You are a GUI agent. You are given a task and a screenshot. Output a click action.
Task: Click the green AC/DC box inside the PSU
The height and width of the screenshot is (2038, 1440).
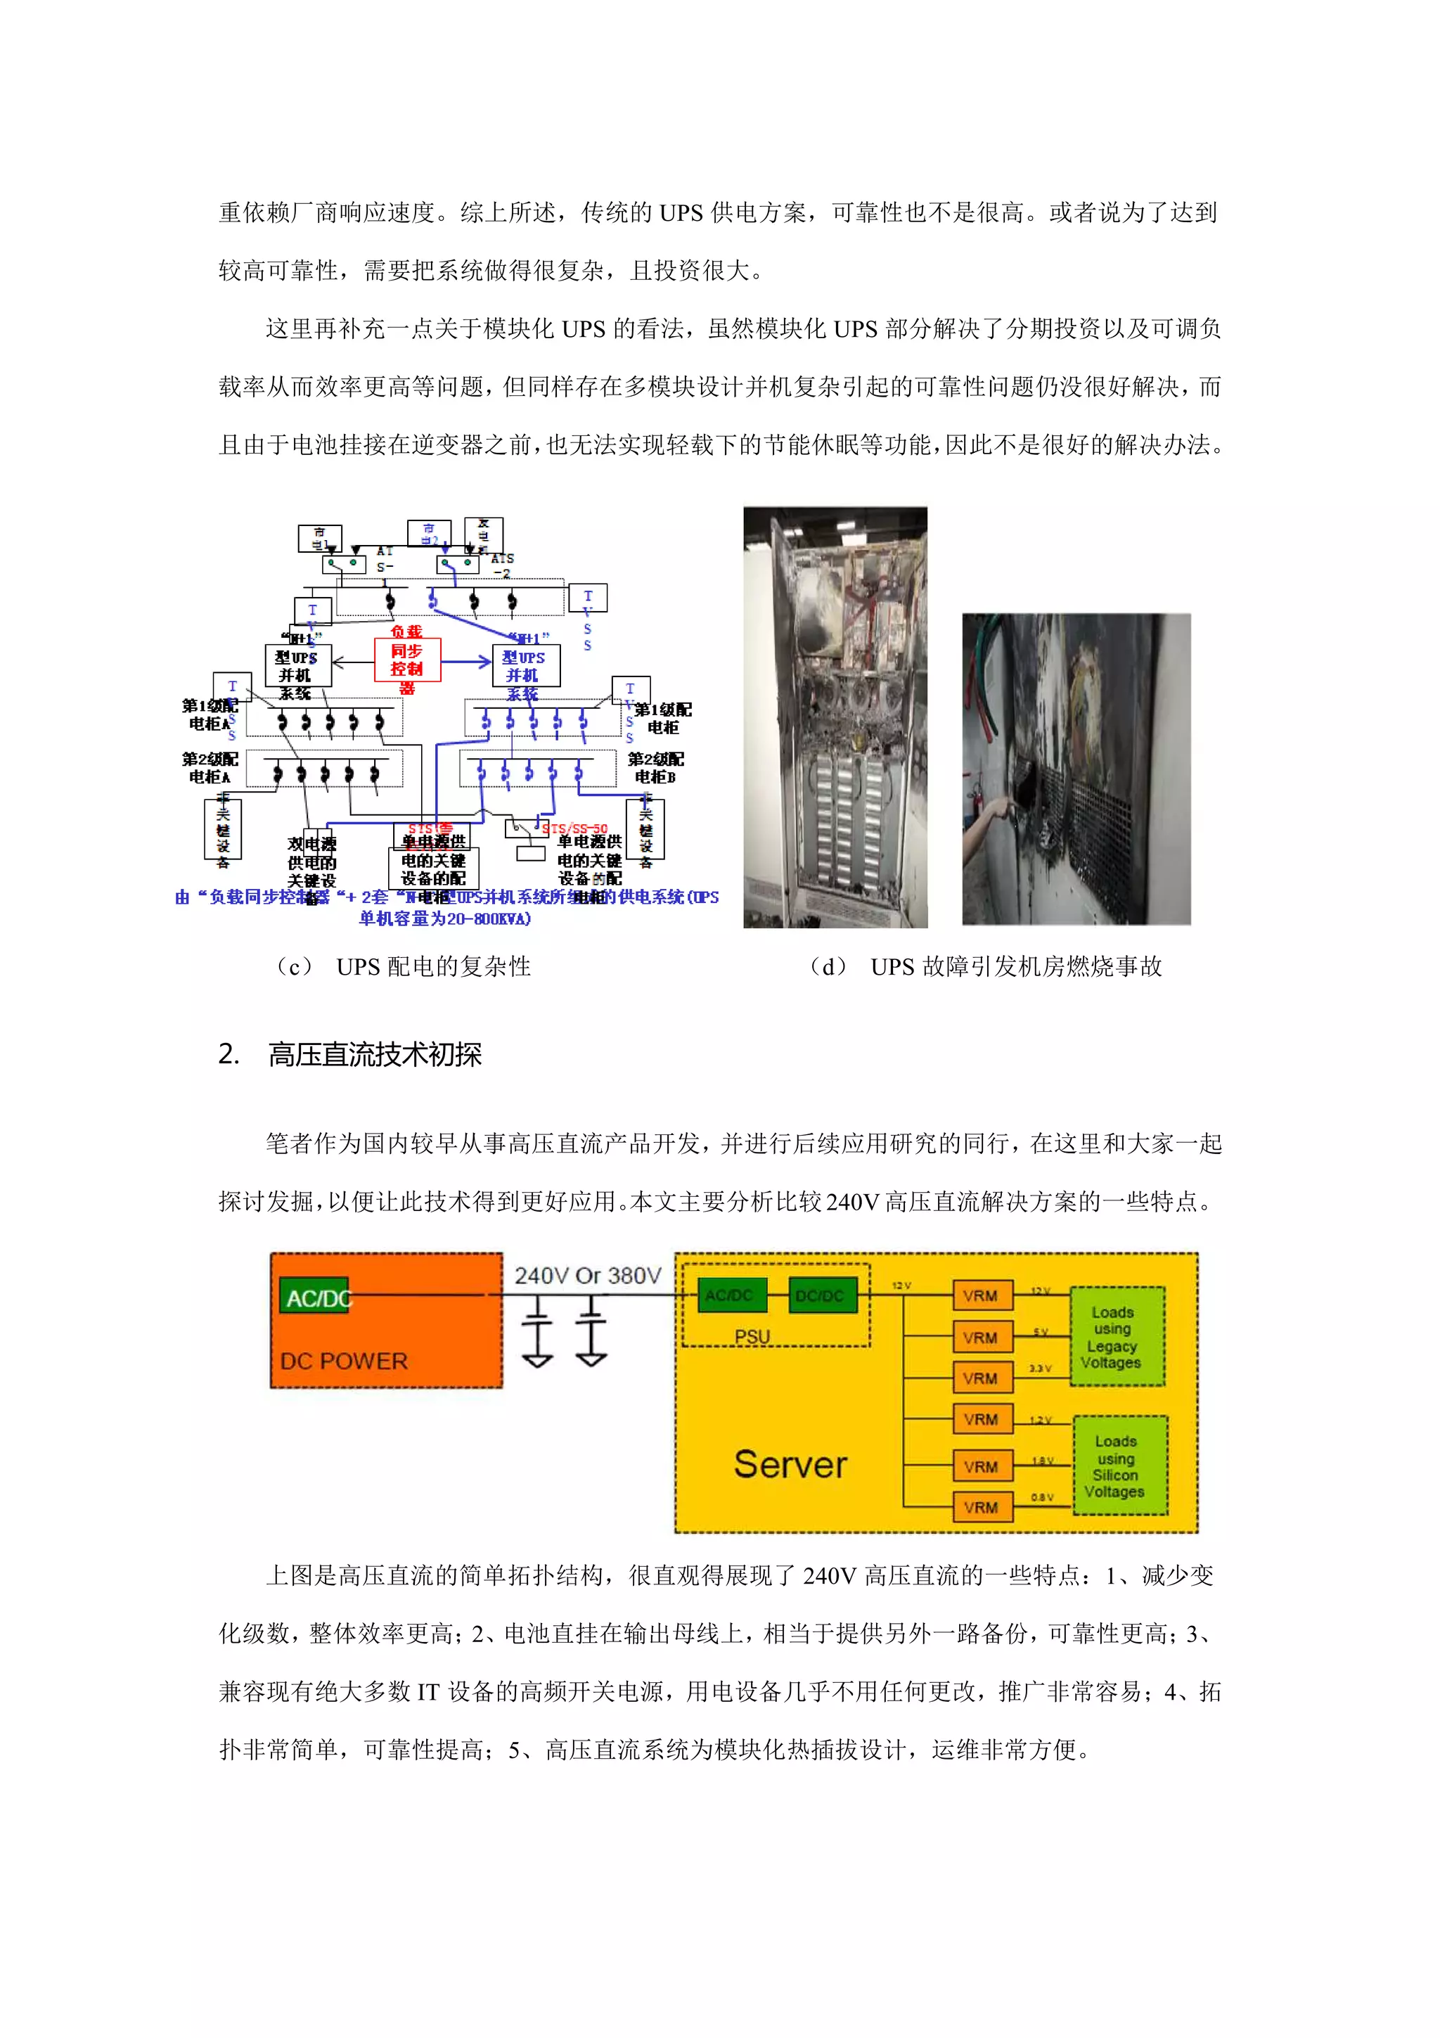coord(728,1295)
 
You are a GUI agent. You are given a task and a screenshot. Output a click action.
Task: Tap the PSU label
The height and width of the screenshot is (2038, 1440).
coord(752,1336)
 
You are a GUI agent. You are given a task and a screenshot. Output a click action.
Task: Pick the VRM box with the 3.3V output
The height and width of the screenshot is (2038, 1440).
coord(980,1378)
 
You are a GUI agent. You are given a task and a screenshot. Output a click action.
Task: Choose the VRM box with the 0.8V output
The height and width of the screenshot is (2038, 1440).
coord(980,1507)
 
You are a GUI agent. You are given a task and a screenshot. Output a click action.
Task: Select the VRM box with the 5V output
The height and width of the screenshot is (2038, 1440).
coord(980,1338)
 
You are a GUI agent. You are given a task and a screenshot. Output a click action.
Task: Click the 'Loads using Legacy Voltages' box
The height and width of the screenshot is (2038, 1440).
coord(1115,1337)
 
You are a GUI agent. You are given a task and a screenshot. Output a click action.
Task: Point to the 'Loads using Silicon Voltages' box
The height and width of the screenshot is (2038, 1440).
coord(1117,1466)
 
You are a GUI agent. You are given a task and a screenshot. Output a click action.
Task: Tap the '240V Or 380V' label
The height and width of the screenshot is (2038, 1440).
coord(587,1276)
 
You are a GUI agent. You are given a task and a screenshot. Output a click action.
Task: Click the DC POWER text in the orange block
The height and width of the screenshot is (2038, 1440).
coord(345,1361)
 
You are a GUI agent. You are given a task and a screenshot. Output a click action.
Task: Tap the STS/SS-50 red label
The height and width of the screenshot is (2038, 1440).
coord(575,829)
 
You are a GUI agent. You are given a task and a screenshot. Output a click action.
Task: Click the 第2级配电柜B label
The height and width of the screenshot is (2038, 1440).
coord(656,768)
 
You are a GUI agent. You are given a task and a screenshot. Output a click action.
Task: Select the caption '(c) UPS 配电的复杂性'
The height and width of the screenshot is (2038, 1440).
coord(403,967)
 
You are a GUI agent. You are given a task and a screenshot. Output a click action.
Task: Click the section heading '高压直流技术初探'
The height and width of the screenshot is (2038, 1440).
coord(375,1054)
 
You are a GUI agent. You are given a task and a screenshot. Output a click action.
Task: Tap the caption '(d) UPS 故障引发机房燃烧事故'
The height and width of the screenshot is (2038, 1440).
coord(985,967)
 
